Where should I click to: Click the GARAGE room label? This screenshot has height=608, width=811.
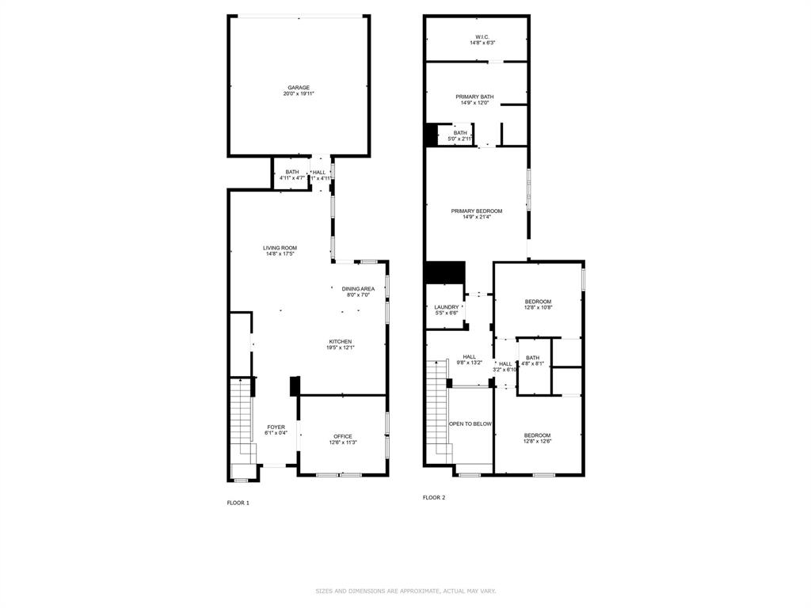coord(299,88)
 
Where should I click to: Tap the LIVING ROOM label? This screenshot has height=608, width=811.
coord(280,248)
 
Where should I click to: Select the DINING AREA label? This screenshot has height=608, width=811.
coord(358,289)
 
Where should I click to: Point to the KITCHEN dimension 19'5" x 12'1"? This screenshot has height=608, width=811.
coord(340,348)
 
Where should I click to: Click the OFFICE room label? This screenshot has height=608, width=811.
coord(342,436)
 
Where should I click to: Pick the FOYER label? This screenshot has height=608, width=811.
coord(276,427)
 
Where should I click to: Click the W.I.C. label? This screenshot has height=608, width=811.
coord(482,37)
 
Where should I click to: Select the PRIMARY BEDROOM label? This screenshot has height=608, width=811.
coord(477,211)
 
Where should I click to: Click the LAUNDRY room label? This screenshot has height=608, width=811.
coord(447,307)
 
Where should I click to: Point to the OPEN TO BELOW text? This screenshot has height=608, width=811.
coord(470,424)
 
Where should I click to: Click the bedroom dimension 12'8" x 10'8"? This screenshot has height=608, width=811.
coord(538,307)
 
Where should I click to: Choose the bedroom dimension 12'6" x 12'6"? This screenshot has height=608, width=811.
coord(537,442)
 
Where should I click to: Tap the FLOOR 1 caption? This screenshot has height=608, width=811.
coord(238,503)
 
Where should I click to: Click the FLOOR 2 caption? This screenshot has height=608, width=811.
coord(434,497)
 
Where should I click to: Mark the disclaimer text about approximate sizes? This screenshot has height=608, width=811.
coord(405,591)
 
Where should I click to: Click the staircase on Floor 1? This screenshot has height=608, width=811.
coord(241,420)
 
